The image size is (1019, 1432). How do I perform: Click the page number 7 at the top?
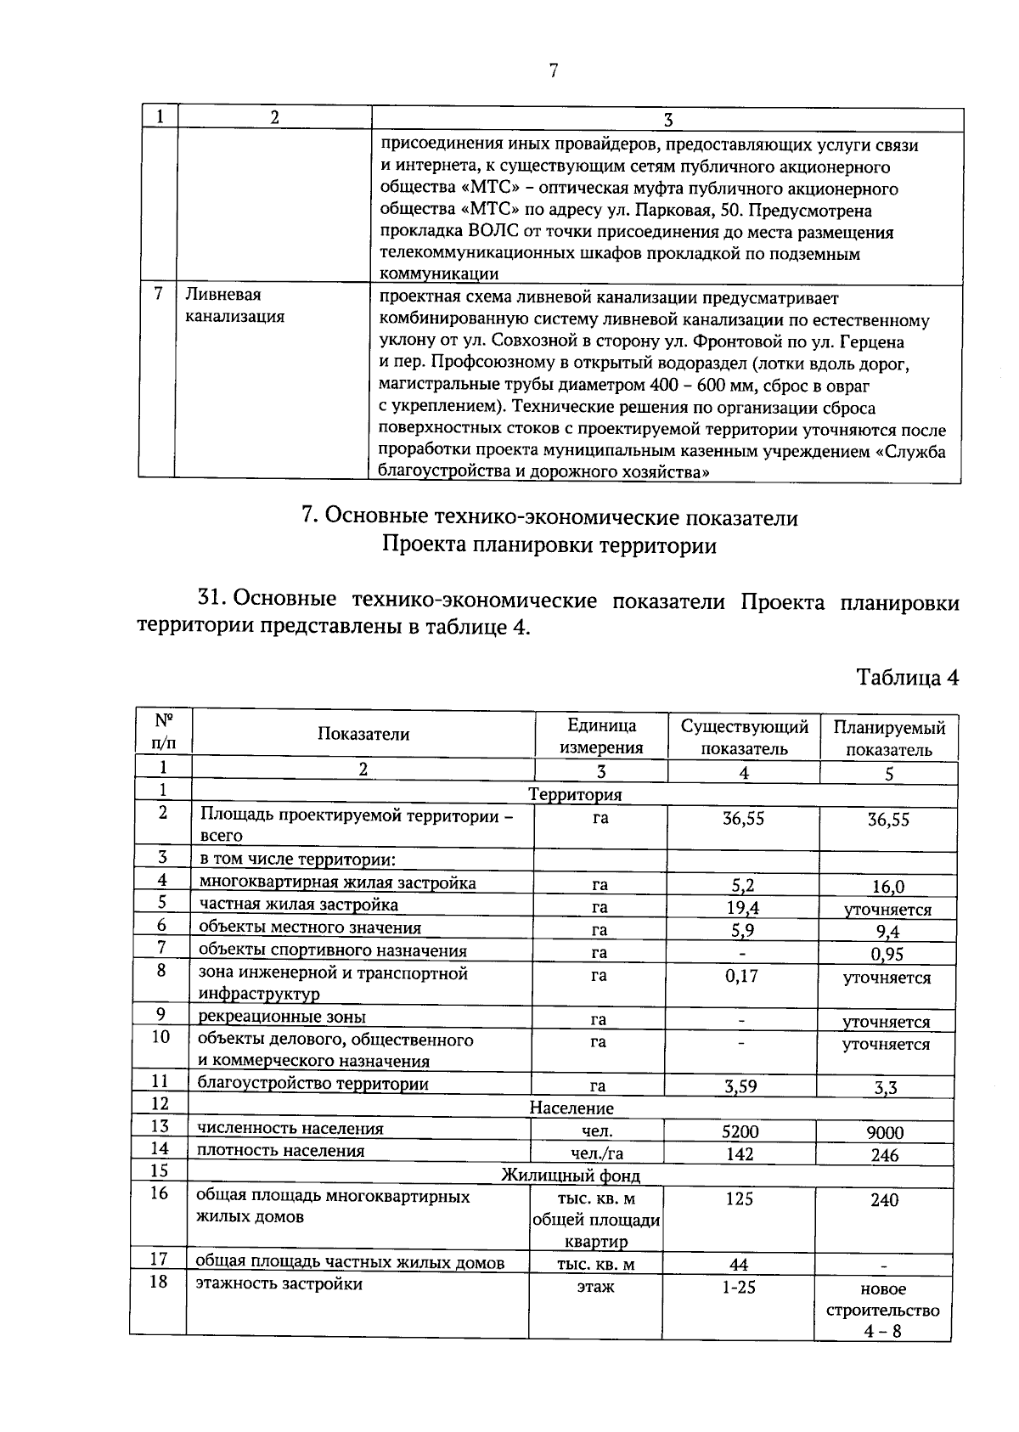coord(553,70)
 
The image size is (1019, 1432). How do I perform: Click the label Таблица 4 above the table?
coord(907,678)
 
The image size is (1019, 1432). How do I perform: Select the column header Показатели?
coord(363,734)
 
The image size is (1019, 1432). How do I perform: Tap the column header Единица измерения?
coord(601,736)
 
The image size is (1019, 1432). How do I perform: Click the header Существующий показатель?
coord(744,737)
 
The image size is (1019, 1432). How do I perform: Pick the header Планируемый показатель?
coord(889,738)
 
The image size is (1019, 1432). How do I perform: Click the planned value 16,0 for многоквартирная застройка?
coord(888,887)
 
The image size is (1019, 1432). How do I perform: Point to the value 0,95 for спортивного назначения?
coord(887,954)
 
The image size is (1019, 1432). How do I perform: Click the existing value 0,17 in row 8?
coord(741,976)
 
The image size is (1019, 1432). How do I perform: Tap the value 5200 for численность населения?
coord(740,1131)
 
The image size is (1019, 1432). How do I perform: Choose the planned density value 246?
coord(885,1155)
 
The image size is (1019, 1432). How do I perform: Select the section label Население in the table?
coord(571,1108)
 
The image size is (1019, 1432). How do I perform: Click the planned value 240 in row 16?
coord(884,1200)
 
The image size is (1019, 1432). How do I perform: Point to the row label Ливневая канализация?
coord(235,306)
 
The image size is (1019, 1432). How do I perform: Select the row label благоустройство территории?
coord(312,1083)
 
